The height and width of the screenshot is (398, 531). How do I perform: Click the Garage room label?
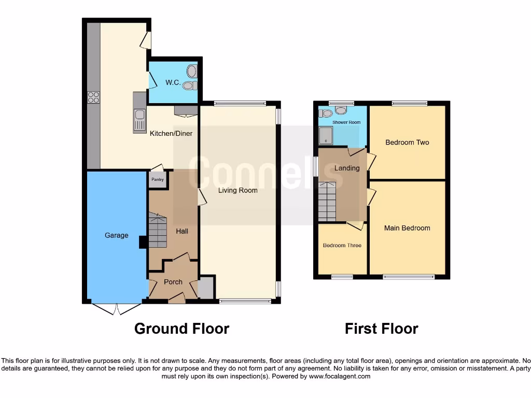[x=116, y=235]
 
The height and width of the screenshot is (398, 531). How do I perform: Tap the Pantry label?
[x=157, y=180]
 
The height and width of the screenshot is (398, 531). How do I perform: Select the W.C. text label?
[x=172, y=82]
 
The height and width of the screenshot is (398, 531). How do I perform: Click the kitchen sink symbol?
[x=139, y=120]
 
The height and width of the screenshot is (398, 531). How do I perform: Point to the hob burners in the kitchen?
[x=94, y=97]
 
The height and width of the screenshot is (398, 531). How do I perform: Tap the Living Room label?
[x=237, y=190]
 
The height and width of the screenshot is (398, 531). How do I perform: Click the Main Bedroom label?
[x=407, y=228]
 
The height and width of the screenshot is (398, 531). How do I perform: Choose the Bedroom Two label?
[x=407, y=143]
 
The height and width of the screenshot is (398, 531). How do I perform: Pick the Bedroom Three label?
[x=342, y=246]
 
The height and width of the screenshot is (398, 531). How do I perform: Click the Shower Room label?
[x=346, y=123]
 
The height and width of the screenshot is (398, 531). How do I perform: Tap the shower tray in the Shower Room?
[x=325, y=136]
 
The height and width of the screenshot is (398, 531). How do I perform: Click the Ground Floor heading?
[x=181, y=329]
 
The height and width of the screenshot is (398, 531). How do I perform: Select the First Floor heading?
[x=381, y=329]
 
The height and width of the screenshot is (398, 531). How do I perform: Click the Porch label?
[x=173, y=282]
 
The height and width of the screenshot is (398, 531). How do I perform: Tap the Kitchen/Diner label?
[x=171, y=134]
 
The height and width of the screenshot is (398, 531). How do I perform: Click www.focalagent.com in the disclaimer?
[x=340, y=377]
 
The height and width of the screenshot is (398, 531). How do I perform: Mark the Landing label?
[x=347, y=168]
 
